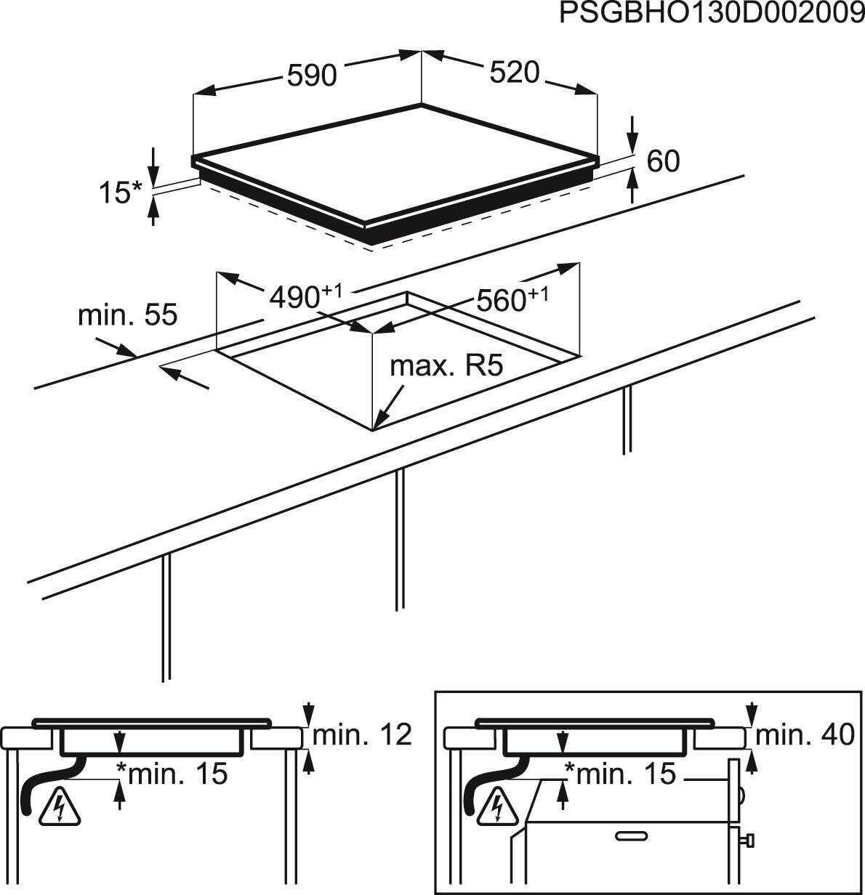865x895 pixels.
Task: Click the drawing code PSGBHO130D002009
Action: [x=712, y=13]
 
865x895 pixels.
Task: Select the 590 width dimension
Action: [x=312, y=76]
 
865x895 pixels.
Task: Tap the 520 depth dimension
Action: [x=514, y=72]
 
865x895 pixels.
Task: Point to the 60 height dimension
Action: [x=663, y=161]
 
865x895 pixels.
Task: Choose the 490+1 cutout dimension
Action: [x=305, y=296]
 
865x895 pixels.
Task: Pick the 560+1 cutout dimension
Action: [x=512, y=299]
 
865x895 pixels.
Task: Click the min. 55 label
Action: [x=127, y=315]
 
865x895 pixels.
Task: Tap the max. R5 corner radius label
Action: [x=446, y=366]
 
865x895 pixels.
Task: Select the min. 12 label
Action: [x=362, y=735]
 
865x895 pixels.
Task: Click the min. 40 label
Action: [x=805, y=735]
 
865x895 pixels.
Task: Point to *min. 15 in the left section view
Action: [x=172, y=773]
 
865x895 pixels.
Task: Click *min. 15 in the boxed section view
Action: [x=620, y=773]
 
